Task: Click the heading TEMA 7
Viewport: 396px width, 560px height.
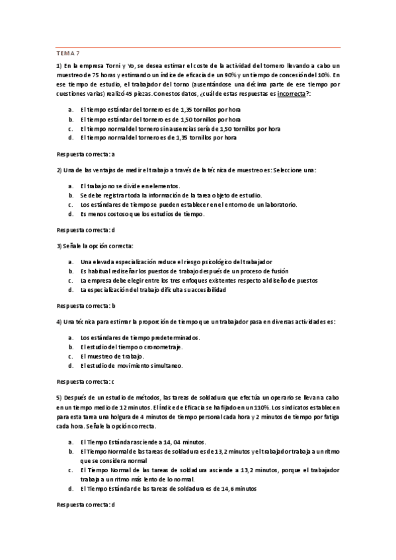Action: click(68, 52)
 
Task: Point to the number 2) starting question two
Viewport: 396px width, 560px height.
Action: click(59, 170)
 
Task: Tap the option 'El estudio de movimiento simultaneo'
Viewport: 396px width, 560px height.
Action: click(132, 365)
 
